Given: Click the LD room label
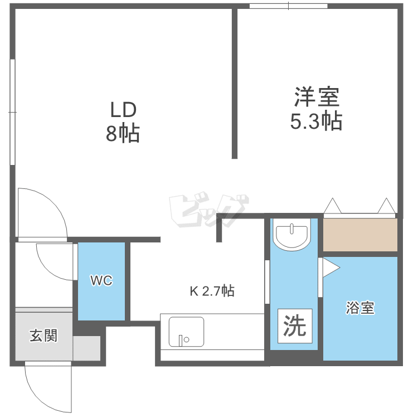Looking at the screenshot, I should point(123,108).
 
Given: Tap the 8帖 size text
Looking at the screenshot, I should point(123,134).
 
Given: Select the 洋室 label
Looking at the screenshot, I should point(316,98).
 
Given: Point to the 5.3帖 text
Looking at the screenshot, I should point(316,121).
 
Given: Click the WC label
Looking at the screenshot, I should point(101,281).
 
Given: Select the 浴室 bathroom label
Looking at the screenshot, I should point(359,308).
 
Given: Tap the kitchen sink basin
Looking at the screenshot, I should point(187,332).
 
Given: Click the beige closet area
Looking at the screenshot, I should point(360,235).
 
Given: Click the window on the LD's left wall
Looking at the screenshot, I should point(12,111).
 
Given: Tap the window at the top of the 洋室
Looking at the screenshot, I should point(288,7).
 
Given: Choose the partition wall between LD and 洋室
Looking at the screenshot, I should point(235,84).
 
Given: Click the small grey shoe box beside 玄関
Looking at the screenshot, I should point(86,348).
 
